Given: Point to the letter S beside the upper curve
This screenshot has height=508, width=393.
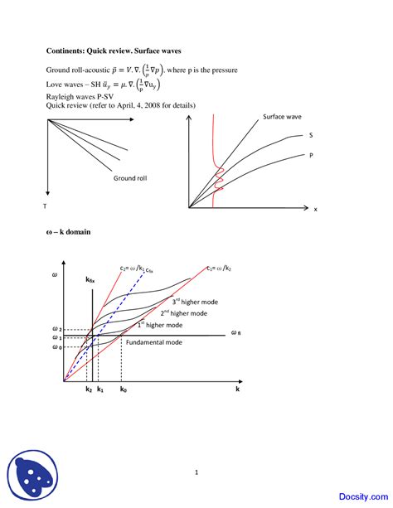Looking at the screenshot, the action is pyautogui.click(x=310, y=135).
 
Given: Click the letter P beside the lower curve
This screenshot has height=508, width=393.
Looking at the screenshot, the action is pyautogui.click(x=311, y=155).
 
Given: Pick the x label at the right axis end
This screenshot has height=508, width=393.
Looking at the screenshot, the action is pyautogui.click(x=315, y=209).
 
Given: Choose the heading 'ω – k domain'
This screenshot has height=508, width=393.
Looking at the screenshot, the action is pyautogui.click(x=68, y=232).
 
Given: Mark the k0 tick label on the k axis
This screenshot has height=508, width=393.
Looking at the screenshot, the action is pyautogui.click(x=123, y=389).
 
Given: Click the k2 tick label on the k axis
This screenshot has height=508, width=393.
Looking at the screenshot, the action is pyautogui.click(x=88, y=389).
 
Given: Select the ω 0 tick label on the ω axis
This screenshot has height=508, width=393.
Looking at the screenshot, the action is pyautogui.click(x=56, y=346).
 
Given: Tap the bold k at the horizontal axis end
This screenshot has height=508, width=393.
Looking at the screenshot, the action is pyautogui.click(x=237, y=388).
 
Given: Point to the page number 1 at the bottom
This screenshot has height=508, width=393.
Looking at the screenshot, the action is pyautogui.click(x=196, y=472).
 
